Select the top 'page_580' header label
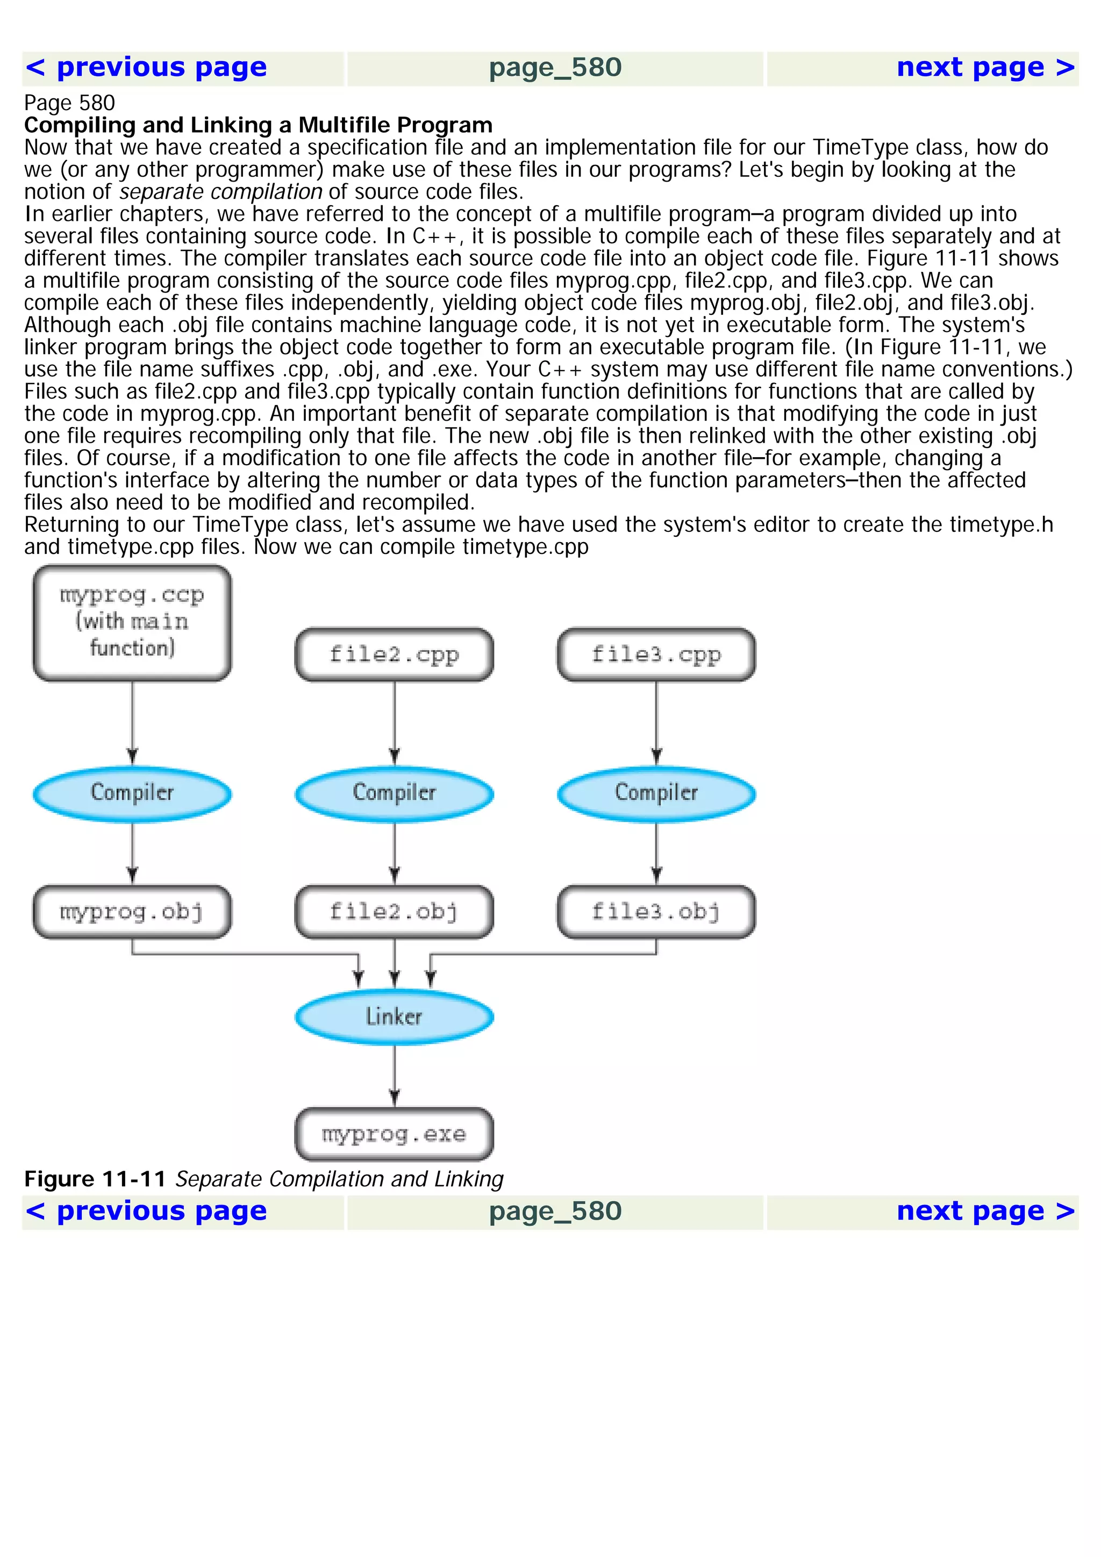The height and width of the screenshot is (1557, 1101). click(x=555, y=68)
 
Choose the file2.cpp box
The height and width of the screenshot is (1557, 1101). click(x=394, y=654)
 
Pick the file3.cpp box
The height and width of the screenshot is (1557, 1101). click(x=656, y=654)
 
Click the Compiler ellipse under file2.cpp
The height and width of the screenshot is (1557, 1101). click(x=394, y=793)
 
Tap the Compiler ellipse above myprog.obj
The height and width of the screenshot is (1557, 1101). click(x=132, y=793)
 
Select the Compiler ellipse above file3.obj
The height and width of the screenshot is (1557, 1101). click(x=656, y=793)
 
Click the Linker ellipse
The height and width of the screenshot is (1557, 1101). click(x=394, y=1017)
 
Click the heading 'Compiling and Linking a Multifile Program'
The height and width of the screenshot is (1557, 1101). click(x=259, y=126)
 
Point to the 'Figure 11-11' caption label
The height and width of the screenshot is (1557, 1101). click(x=95, y=1179)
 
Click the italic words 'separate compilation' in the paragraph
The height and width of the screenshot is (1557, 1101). click(x=220, y=192)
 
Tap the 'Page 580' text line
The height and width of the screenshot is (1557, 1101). click(x=69, y=103)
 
